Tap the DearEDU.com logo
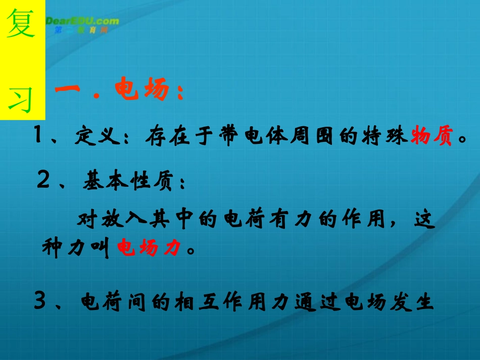pyautogui.click(x=82, y=23)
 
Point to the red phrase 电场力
pyautogui.click(x=149, y=248)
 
